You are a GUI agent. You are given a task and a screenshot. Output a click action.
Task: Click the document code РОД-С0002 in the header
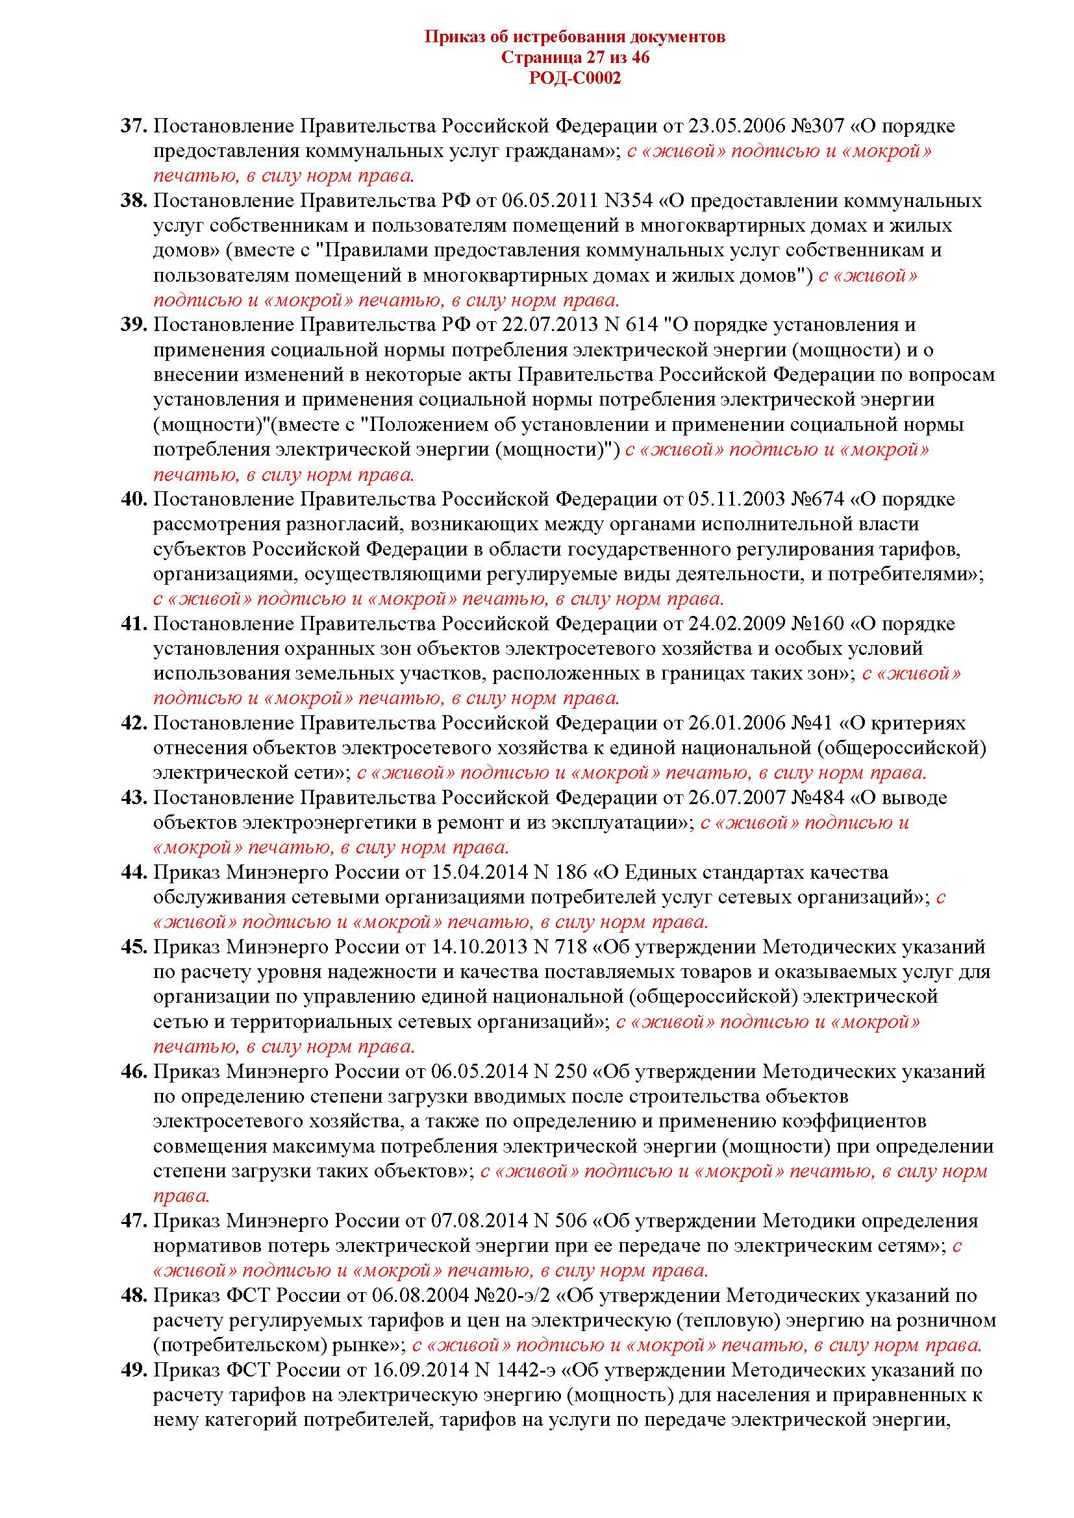click(x=575, y=79)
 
